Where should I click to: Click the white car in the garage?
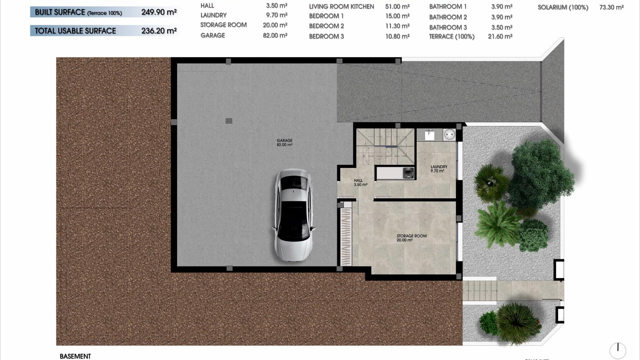293,215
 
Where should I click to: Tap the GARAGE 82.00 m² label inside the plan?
284,143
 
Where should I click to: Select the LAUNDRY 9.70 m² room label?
439,169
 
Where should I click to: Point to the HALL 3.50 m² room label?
360,182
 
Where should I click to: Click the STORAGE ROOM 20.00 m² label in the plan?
411,238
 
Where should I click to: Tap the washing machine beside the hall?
408,173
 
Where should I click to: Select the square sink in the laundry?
429,135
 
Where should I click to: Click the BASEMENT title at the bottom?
75,356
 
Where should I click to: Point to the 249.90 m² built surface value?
159,12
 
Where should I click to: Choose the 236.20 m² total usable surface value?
159,31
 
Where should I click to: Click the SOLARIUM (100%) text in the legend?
563,7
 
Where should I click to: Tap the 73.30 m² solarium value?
611,7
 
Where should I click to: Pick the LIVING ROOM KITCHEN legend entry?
341,7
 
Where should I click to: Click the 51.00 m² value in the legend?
397,7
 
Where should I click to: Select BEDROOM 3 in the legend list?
326,36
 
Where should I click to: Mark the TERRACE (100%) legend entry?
451,36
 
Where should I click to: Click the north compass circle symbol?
618,350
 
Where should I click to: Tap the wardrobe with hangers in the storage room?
346,237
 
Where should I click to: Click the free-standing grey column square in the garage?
229,121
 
